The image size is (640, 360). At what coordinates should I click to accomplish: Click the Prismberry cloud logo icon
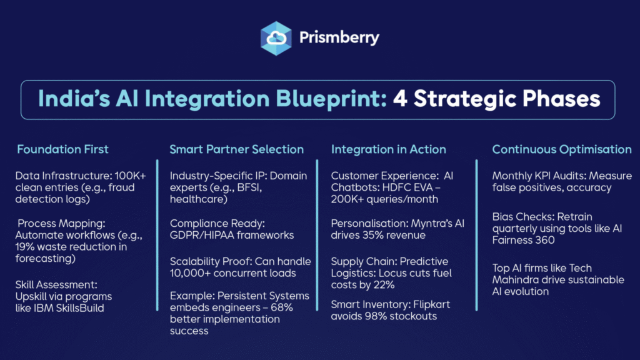coord(276,38)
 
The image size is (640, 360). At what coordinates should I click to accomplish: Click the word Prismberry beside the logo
coord(339,38)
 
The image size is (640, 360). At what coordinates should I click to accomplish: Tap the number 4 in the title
coord(400,99)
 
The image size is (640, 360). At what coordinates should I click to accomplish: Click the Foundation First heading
coord(63,149)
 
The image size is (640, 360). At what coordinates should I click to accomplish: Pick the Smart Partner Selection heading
coord(237,149)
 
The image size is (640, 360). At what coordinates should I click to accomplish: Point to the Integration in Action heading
coord(389,149)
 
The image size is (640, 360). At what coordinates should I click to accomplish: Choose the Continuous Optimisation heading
coord(562,149)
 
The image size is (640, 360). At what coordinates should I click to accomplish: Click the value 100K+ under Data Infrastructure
coord(130,176)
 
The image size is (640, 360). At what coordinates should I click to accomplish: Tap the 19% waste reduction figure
coord(25,247)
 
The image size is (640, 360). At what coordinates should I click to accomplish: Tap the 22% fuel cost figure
coord(384,285)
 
